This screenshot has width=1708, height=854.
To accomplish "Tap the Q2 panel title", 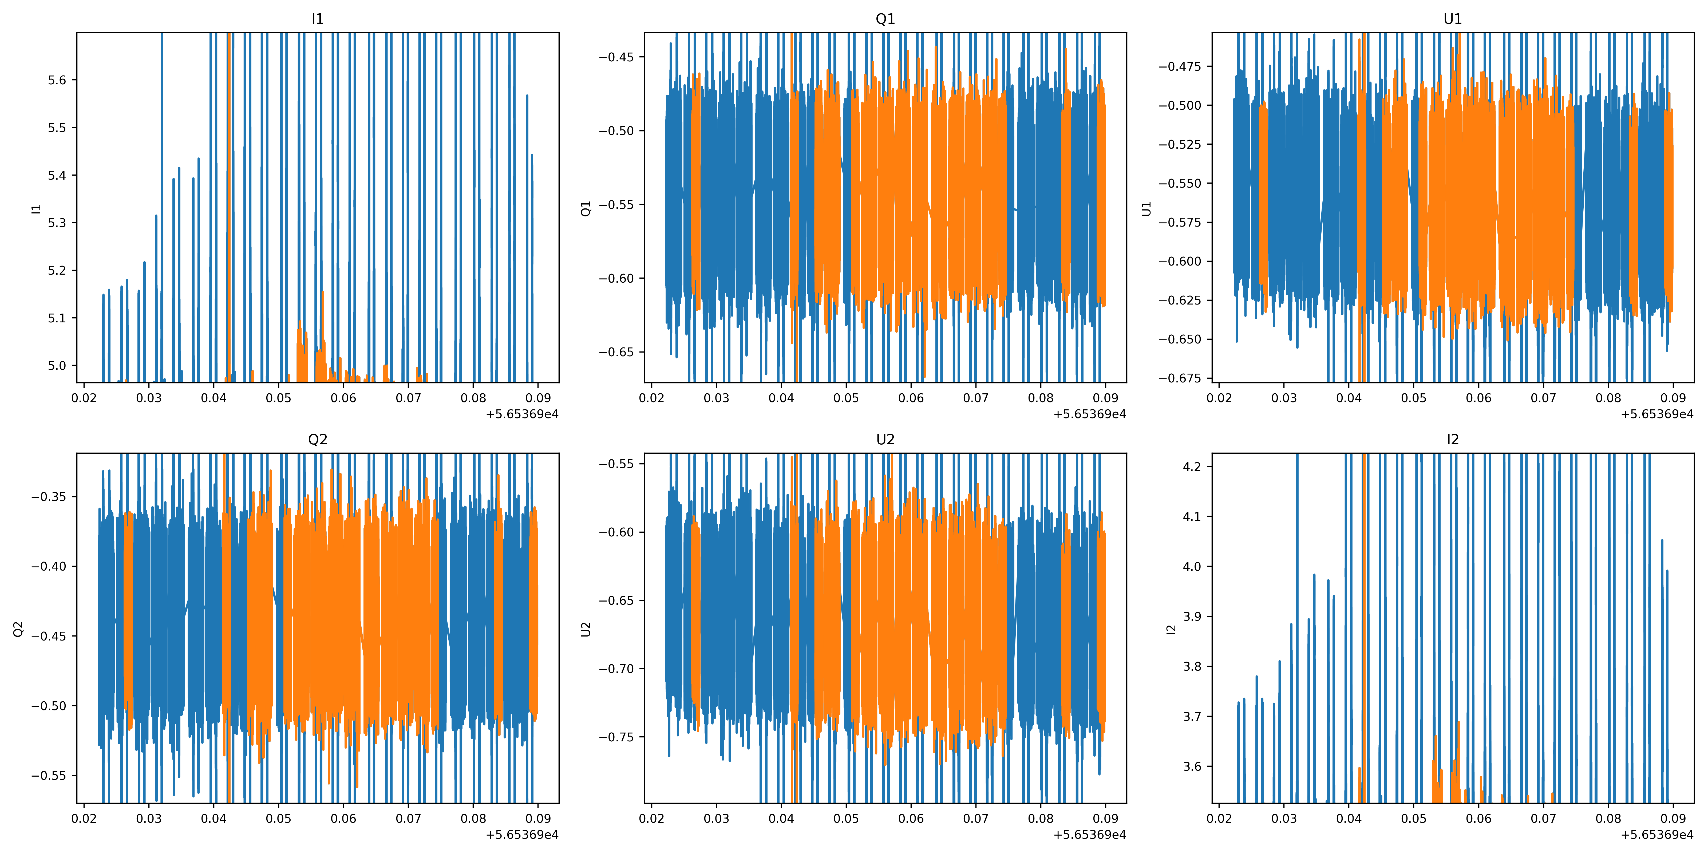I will click(318, 440).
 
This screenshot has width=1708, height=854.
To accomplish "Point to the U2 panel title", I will click(885, 440).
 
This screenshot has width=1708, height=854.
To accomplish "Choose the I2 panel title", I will click(1453, 440).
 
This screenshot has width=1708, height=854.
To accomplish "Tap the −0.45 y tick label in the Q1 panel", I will click(617, 57).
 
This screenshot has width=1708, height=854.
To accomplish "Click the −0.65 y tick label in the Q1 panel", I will click(617, 352).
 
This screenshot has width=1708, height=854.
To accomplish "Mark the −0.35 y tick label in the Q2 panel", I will click(49, 497).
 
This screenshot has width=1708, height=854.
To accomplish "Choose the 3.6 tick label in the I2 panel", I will click(1192, 766).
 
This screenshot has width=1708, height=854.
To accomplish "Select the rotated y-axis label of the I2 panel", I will click(1171, 628).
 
